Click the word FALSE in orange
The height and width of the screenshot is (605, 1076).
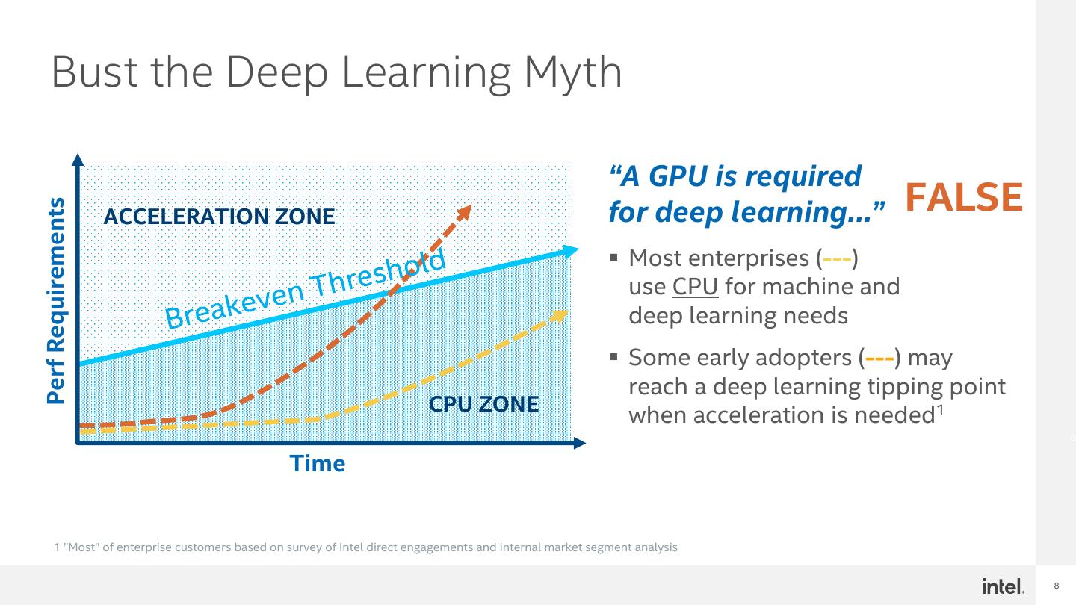(x=963, y=197)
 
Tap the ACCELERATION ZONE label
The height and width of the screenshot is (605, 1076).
(x=219, y=217)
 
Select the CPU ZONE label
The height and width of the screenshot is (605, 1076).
(x=483, y=404)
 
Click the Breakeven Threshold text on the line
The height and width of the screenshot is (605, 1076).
(x=305, y=287)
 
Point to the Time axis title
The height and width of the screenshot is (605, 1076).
(x=318, y=464)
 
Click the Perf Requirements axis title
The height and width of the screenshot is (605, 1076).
(x=56, y=300)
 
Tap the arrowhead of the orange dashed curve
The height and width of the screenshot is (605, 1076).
(x=465, y=211)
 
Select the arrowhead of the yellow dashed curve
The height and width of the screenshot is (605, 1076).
(x=560, y=314)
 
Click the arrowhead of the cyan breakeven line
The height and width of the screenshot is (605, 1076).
(x=572, y=251)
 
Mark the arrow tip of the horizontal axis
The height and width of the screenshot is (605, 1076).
(x=581, y=443)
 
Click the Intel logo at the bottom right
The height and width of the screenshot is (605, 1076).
(x=1003, y=586)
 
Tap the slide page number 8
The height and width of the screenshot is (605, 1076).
(x=1057, y=586)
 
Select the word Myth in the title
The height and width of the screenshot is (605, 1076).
(x=572, y=72)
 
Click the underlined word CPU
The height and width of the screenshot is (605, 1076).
(x=695, y=287)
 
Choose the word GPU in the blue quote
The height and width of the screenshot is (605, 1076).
(x=679, y=176)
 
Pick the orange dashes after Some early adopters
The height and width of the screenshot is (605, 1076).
(x=879, y=359)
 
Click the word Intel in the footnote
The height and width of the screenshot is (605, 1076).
(x=353, y=547)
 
